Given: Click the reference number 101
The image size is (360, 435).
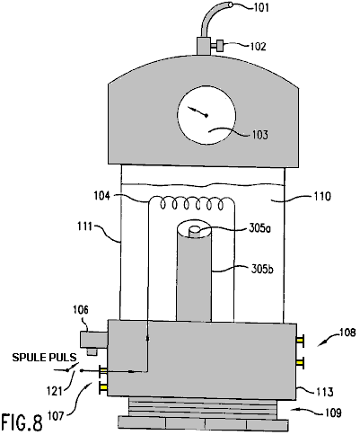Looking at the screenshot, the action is point(261,7).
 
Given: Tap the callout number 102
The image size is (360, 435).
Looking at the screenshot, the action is point(258,47).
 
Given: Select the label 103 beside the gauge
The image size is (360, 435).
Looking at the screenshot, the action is point(260,135).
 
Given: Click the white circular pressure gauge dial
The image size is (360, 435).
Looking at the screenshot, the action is point(206,116).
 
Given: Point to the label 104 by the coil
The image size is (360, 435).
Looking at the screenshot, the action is point(102,196).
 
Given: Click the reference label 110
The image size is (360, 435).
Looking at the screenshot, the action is point(323,197).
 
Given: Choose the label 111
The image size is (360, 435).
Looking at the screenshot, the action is point(84,226).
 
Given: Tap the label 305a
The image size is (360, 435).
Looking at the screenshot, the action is point(259,229).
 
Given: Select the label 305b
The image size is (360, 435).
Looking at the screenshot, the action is point(262,270).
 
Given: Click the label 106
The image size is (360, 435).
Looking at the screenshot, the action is point(81,310).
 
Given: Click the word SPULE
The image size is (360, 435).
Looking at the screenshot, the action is point(31,358).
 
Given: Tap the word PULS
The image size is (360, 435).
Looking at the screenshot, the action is point(64,358).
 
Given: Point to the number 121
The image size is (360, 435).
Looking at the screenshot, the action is point(54,391).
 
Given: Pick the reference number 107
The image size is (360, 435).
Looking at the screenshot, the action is point(56,416).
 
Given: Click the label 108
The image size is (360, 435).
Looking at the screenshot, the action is point(347,333).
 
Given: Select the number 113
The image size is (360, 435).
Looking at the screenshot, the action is point(325,392).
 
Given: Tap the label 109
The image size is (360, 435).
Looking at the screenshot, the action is point(333,413).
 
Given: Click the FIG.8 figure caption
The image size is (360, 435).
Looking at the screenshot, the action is point(22,422).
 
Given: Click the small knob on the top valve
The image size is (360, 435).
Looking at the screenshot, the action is point(221,46).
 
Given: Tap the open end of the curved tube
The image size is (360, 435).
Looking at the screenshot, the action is point(231,4).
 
